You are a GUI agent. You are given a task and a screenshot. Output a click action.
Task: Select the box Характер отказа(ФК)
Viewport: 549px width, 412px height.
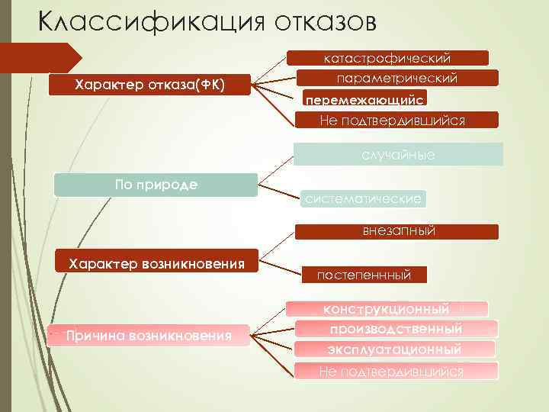150,84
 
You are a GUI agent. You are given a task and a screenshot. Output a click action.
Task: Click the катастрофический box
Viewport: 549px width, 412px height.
387,58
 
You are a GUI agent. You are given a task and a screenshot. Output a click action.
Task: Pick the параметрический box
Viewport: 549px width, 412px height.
396,78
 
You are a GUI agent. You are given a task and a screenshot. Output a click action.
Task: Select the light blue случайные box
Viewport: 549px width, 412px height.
398,155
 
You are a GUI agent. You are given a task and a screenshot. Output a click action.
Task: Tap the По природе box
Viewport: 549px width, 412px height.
156,185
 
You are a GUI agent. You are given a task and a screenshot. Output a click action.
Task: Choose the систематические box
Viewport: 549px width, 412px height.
362,199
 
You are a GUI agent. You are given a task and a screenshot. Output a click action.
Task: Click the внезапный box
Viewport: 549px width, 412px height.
398,231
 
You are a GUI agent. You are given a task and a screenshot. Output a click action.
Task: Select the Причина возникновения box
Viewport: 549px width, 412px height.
149,335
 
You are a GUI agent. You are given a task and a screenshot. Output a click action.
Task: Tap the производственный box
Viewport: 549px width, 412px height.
396,329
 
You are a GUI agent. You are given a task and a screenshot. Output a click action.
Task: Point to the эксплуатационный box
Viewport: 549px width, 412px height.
395,349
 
